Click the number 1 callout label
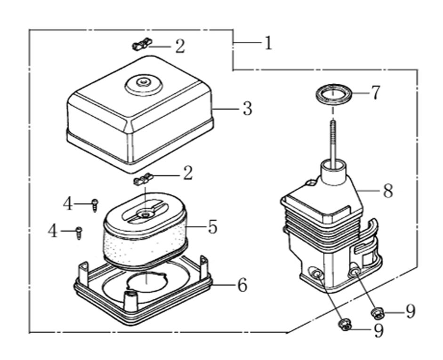click(268, 44)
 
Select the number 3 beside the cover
click(248, 109)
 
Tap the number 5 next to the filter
click(212, 227)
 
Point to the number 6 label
click(242, 285)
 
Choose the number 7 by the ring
click(375, 93)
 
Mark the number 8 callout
click(387, 191)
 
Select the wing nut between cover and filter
click(144, 179)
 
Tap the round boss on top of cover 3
click(142, 85)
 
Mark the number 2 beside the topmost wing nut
click(180, 47)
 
